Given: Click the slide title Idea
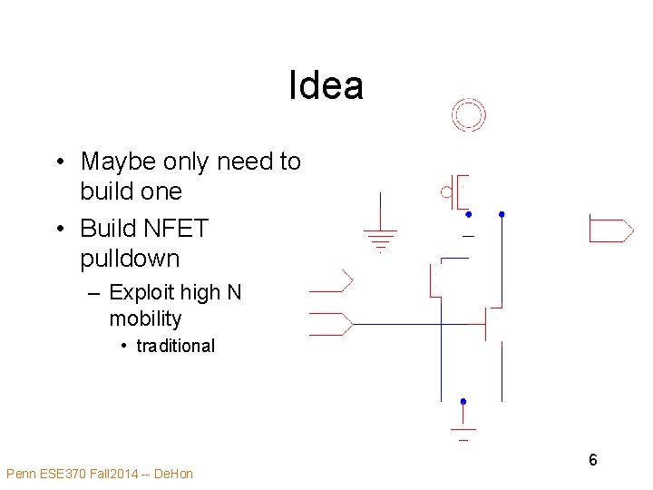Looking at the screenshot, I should point(326,86).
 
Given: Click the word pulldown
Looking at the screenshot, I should point(130,259).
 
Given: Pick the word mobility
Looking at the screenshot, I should point(145,318).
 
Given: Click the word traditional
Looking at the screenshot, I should point(175,346).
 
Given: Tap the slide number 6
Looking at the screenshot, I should point(592,460).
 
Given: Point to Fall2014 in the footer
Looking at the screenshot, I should point(117,474).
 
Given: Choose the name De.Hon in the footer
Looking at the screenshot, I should point(174,474).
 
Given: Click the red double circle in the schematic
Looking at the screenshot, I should point(469,115).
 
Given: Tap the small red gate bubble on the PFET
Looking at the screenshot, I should point(446,191).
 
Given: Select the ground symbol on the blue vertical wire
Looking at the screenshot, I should point(381,238).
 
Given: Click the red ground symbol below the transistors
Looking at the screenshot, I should point(463,429).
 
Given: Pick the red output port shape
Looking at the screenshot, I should point(610,229).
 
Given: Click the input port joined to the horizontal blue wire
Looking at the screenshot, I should point(331,323).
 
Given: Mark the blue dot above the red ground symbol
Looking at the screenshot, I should point(463,401).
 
